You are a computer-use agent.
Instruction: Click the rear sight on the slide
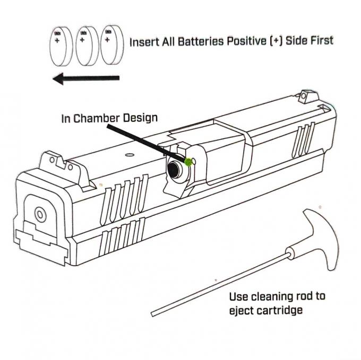tap(51, 159)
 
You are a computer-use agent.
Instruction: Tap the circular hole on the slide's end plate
tap(39, 214)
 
